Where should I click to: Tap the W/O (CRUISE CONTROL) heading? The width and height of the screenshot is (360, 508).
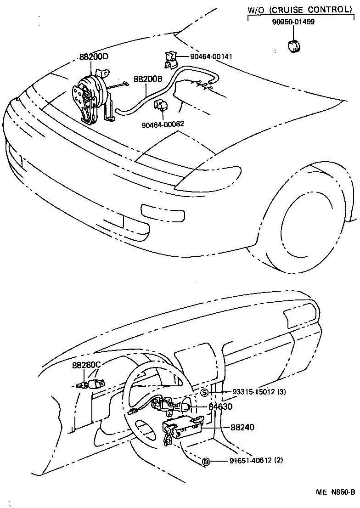pos(298,9)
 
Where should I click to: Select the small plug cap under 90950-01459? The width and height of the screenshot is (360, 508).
pos(292,47)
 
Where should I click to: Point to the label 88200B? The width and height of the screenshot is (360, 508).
pos(148,79)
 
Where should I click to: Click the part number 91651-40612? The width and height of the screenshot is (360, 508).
pos(254,461)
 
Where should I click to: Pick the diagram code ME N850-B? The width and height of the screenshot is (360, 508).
pos(335,492)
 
